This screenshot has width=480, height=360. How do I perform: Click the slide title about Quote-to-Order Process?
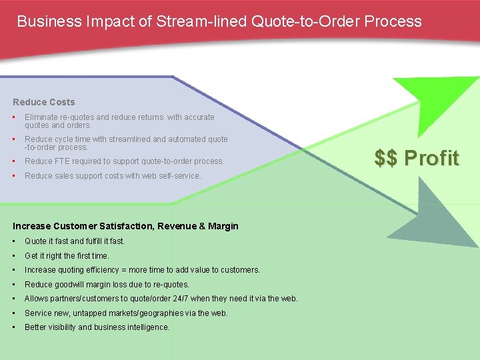219,21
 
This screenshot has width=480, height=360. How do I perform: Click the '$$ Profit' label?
417,158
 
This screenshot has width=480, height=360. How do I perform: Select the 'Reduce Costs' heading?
44,102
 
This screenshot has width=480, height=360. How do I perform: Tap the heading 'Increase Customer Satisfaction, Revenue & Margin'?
125,226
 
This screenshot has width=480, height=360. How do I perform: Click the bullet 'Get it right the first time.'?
67,255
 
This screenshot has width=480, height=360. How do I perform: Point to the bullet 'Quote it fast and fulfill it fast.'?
75,241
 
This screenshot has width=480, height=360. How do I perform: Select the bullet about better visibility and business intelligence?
97,327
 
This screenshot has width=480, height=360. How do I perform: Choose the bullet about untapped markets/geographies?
126,313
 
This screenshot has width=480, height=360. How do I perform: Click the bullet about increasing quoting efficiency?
142,270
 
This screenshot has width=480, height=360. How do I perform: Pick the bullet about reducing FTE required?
124,161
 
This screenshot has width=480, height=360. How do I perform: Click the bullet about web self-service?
112,175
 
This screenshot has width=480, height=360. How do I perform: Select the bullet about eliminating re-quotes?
119,121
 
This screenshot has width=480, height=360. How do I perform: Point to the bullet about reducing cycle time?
126,143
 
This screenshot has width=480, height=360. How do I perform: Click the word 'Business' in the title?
49,21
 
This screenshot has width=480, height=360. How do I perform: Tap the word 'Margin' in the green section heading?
222,226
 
